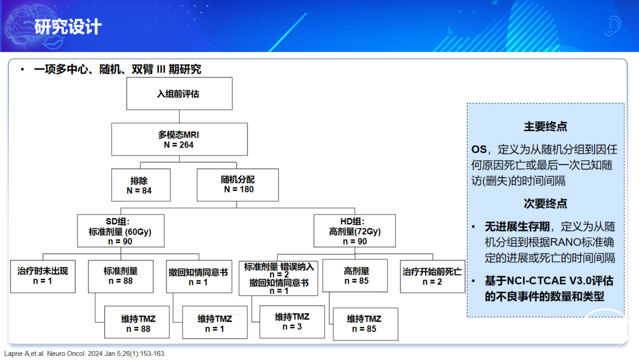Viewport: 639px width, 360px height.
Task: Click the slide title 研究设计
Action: tap(67, 27)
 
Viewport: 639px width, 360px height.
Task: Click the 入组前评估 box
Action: tap(179, 94)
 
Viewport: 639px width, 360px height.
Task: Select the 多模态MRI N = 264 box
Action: tap(179, 139)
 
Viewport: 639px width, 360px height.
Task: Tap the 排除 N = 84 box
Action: tap(141, 185)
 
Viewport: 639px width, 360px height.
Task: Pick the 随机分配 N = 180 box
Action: tap(238, 185)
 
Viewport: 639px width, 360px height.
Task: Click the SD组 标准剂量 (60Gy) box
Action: tap(121, 231)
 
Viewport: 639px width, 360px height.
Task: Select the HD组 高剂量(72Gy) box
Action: tap(354, 231)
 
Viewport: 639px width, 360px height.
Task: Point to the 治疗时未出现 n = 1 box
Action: tap(43, 277)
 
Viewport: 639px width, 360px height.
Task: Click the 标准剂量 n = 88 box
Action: tap(121, 277)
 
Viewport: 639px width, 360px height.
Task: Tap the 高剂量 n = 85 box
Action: tap(355, 275)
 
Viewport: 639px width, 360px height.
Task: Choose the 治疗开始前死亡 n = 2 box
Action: tap(433, 277)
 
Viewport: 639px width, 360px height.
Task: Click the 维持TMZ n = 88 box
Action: tap(137, 322)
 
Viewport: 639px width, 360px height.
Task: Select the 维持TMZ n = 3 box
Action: tap(292, 322)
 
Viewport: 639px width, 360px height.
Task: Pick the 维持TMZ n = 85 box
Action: tap(366, 324)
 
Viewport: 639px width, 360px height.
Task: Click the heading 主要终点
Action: tap(546, 126)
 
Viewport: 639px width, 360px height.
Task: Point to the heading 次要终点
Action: tap(546, 204)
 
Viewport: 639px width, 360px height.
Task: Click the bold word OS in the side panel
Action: tap(479, 150)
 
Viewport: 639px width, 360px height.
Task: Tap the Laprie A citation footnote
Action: tap(85, 353)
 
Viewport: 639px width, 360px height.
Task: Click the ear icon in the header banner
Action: tap(612, 25)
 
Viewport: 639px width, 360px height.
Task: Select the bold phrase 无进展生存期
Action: tap(517, 227)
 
